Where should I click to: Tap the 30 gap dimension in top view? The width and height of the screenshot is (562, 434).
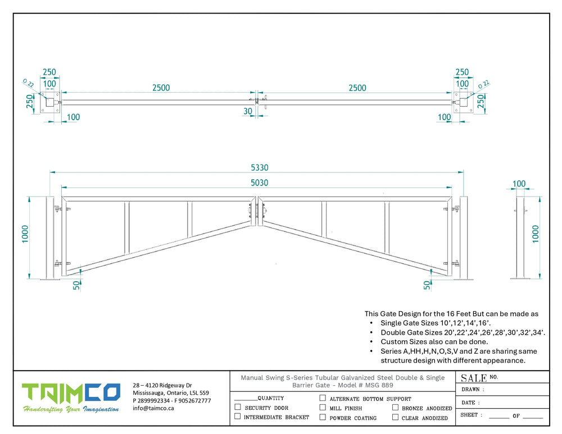[x=248, y=111]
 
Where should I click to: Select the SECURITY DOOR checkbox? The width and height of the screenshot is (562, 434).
[x=238, y=407]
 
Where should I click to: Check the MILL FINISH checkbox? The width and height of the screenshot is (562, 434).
[x=323, y=408]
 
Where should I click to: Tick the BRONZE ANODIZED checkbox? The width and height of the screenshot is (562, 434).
[x=396, y=408]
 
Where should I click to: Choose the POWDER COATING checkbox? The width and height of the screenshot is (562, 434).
[x=323, y=417]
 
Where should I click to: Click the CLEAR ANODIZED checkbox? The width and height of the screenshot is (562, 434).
[x=396, y=417]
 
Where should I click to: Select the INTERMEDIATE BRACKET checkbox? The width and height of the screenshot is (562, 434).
[x=238, y=417]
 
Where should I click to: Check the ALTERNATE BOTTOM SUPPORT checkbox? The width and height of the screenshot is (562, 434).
[x=323, y=398]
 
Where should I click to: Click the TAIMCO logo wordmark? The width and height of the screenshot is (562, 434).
[x=71, y=392]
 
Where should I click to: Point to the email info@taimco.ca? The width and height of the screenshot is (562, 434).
[x=153, y=408]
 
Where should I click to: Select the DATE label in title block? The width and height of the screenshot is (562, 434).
[x=470, y=403]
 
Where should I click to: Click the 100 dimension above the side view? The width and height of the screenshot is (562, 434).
[x=519, y=184]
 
